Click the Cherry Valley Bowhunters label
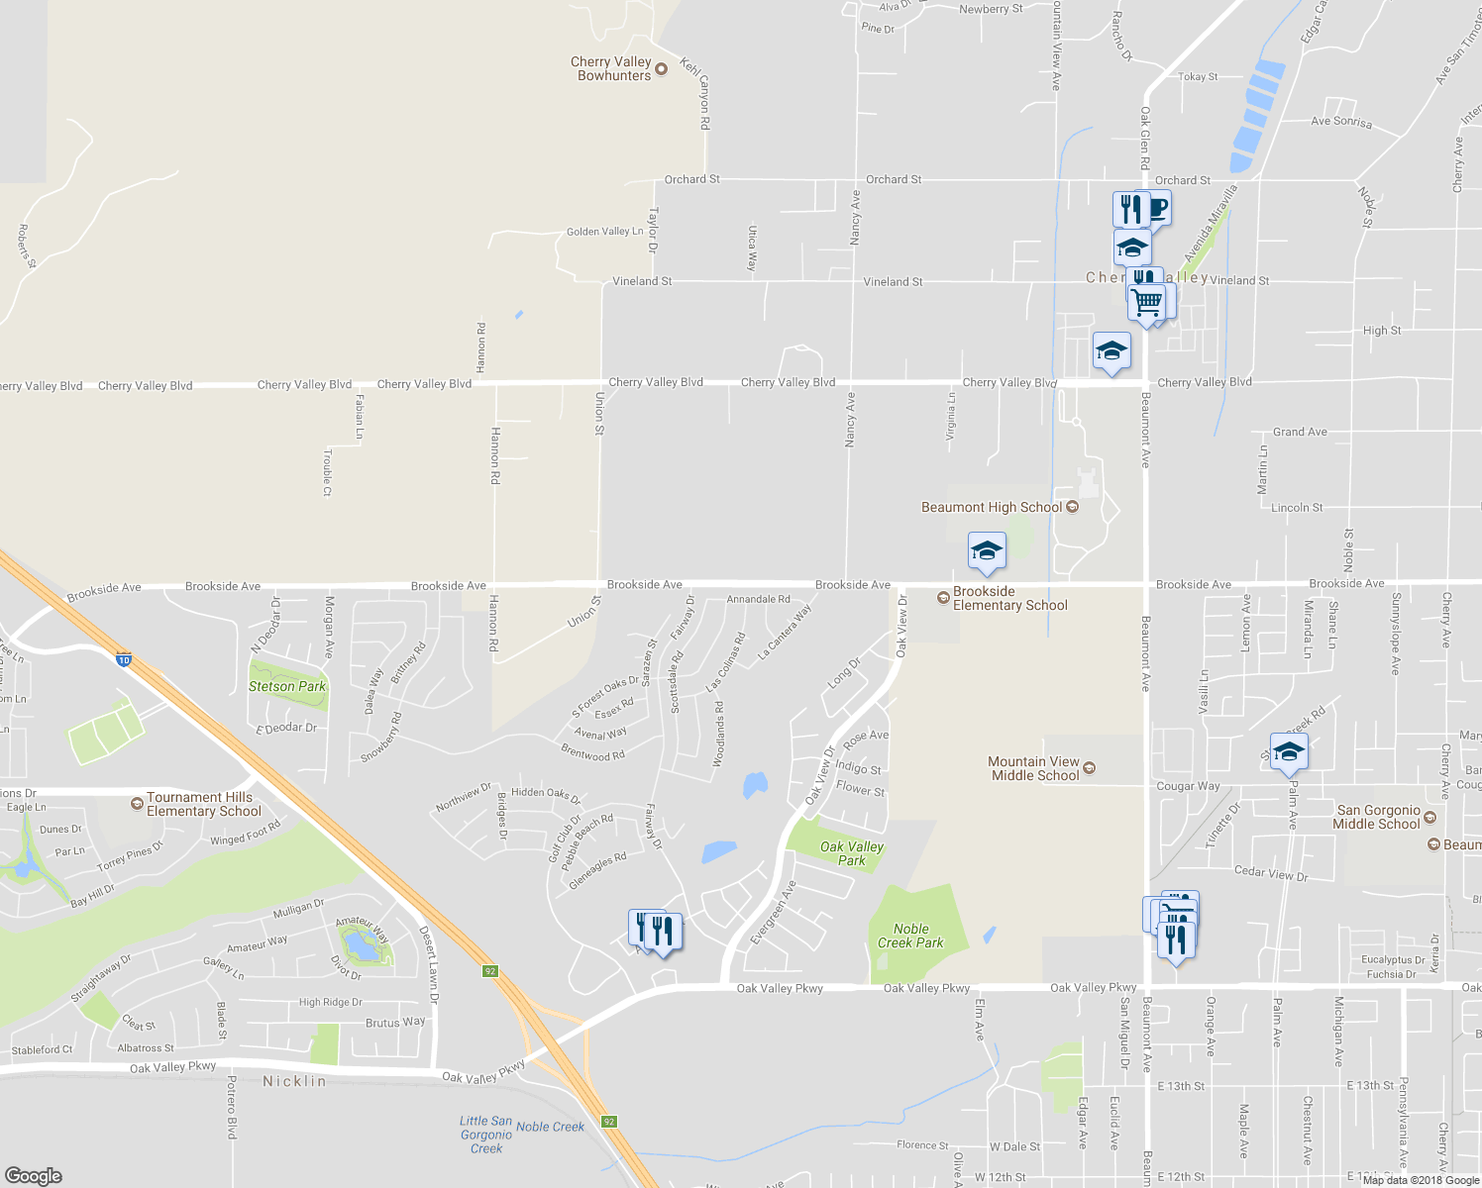(611, 68)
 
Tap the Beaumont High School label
(992, 508)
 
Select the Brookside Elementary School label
(1009, 599)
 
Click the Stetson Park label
(287, 686)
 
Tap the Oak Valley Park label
(851, 853)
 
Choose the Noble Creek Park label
(910, 936)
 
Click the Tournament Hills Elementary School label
(203, 804)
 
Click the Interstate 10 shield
(123, 659)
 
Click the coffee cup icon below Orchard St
(1156, 209)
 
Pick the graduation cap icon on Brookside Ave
(986, 551)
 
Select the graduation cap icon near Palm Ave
(1289, 752)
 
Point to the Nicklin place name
(294, 1082)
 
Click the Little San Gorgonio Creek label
(486, 1135)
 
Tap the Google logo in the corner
(34, 1175)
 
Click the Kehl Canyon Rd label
(698, 94)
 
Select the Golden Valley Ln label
(604, 232)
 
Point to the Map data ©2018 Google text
(1421, 1180)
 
